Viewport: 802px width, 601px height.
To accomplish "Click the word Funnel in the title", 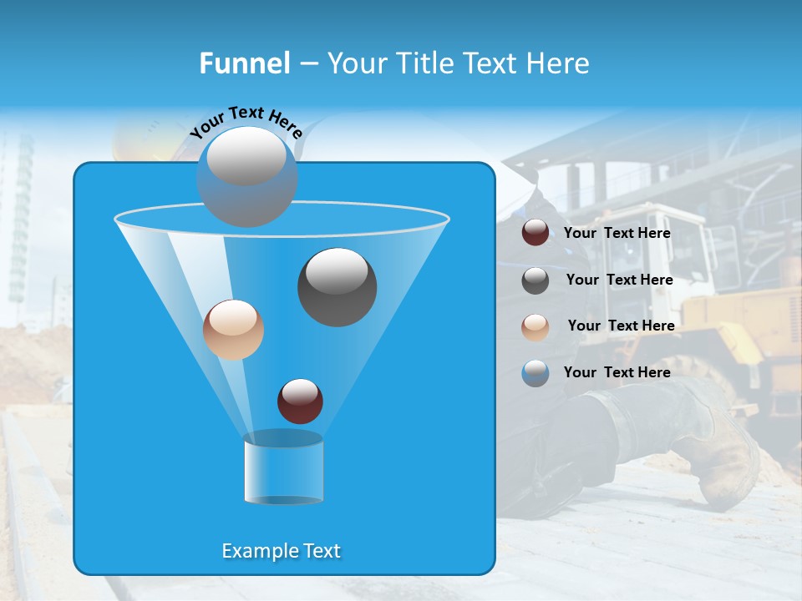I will pyautogui.click(x=244, y=63).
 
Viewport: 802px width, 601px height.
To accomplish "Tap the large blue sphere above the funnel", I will pyautogui.click(x=246, y=177).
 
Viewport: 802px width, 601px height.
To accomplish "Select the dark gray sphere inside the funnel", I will pyautogui.click(x=337, y=286).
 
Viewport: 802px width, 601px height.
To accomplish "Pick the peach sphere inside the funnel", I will pyautogui.click(x=233, y=330).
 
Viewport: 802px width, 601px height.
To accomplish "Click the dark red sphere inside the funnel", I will pyautogui.click(x=300, y=401).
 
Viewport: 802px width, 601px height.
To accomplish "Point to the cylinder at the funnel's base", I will pyautogui.click(x=283, y=467).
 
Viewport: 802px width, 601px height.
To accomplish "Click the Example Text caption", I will pyautogui.click(x=281, y=551).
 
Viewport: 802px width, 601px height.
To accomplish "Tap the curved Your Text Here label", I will pyautogui.click(x=246, y=121).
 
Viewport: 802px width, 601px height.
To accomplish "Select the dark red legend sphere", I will pyautogui.click(x=536, y=233).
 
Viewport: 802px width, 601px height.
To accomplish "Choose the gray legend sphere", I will pyautogui.click(x=536, y=280).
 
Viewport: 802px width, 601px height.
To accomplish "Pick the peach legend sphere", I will pyautogui.click(x=536, y=327).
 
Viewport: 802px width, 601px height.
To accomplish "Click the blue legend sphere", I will pyautogui.click(x=536, y=373).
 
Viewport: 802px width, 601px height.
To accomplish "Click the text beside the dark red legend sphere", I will pyautogui.click(x=617, y=234).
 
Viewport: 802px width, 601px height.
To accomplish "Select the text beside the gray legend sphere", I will pyautogui.click(x=619, y=280).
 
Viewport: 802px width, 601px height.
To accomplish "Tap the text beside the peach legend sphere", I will pyautogui.click(x=621, y=326).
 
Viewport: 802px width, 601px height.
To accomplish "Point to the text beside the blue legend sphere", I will pyautogui.click(x=617, y=372).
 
